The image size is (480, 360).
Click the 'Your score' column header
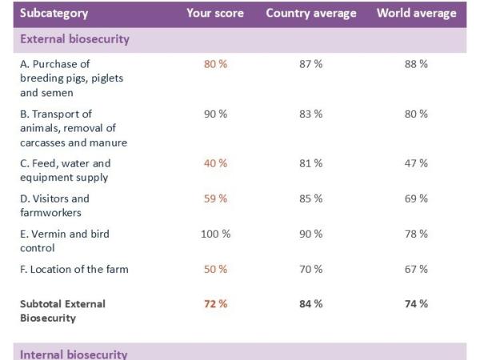point(214,14)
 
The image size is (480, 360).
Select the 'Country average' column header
point(311,14)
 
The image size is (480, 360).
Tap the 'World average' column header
point(417,14)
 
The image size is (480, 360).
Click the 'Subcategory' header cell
point(54,14)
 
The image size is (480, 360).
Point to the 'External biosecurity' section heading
point(74,39)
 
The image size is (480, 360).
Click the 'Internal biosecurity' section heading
point(73,354)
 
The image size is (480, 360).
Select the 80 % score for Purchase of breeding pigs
point(215,64)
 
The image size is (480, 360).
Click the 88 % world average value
point(416,64)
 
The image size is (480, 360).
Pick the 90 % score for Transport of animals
point(215,114)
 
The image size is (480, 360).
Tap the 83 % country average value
point(311,114)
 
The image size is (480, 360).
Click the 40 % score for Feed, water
point(215,163)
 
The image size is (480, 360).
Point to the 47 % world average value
point(416,163)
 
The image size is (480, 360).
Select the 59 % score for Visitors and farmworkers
point(215,198)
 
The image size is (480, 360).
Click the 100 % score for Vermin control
point(215,234)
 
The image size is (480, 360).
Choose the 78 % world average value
point(416,234)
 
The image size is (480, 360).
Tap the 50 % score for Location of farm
point(215,269)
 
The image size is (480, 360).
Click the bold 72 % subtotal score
point(215,304)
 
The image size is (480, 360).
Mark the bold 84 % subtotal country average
point(311,304)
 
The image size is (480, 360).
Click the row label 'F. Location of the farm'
point(74,269)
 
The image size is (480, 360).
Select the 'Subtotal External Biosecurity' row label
point(62,310)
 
